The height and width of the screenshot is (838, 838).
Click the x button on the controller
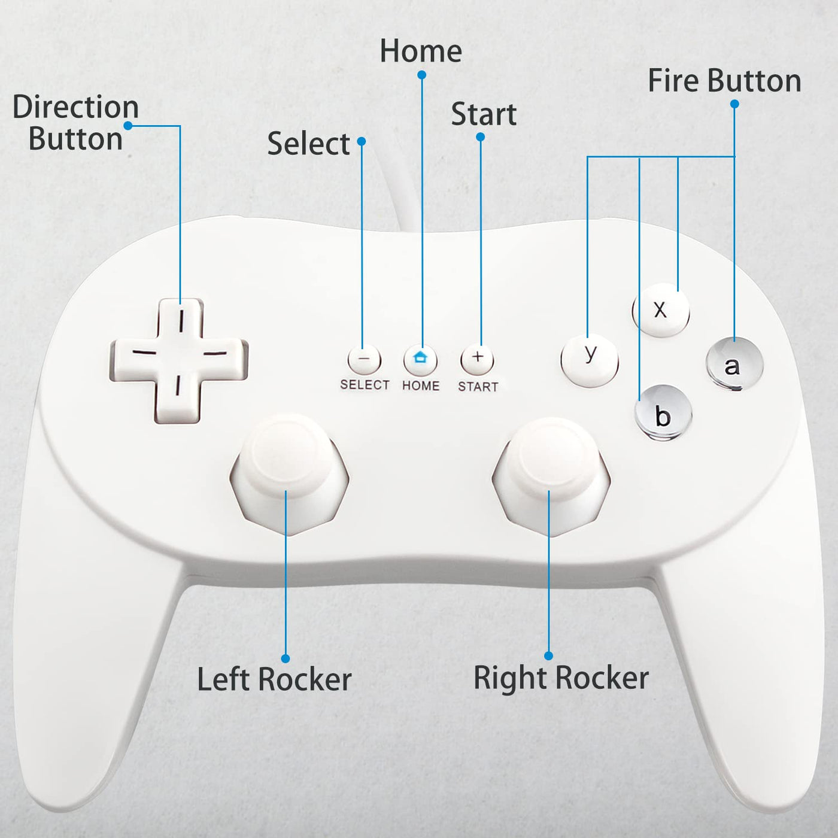(x=661, y=310)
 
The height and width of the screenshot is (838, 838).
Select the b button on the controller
(x=663, y=412)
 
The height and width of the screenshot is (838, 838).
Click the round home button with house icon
(x=420, y=359)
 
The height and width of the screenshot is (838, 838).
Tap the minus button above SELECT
(x=364, y=360)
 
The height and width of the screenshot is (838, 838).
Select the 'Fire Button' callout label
(x=724, y=81)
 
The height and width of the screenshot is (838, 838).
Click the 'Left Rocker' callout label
(x=274, y=679)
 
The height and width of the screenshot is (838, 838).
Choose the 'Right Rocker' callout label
(x=561, y=678)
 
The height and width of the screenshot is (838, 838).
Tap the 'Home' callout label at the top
(x=421, y=51)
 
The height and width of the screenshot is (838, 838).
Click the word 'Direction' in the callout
(x=75, y=107)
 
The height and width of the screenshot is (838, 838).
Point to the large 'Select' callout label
(x=308, y=144)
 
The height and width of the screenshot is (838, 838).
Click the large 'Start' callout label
(x=484, y=114)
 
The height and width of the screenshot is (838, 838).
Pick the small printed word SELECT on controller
(x=365, y=385)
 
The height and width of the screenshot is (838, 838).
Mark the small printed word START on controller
(x=478, y=387)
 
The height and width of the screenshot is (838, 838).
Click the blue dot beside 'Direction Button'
(x=128, y=126)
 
